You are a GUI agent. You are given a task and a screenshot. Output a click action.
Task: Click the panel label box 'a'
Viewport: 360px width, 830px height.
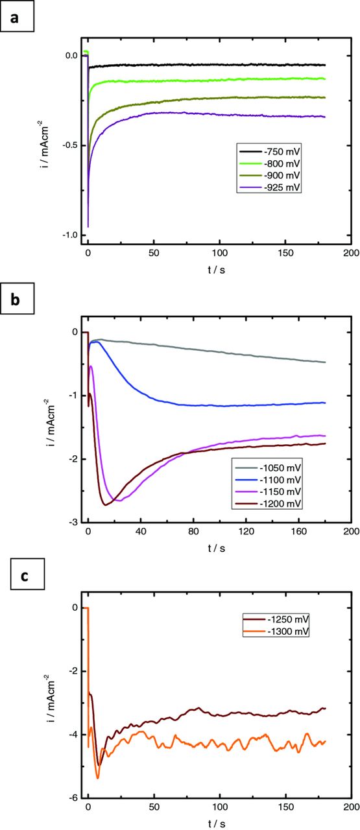(16, 16)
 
